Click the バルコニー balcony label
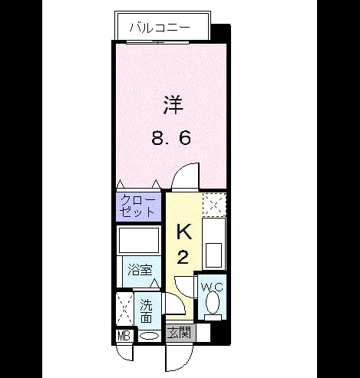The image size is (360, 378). [x=160, y=28]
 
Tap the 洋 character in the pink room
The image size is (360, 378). [x=173, y=105]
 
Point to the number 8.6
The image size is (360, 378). [x=171, y=139]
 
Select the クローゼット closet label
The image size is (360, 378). [x=138, y=205]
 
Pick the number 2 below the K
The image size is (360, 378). [x=183, y=258]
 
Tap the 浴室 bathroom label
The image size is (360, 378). [x=140, y=270]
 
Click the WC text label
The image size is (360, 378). [x=212, y=288]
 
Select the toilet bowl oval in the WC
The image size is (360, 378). [x=213, y=303]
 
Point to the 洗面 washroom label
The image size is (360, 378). [x=147, y=311]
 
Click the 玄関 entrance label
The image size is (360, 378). [x=179, y=333]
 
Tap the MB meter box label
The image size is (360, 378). [x=124, y=336]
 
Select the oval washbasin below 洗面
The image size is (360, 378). [x=150, y=336]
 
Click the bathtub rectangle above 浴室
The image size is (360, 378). [x=139, y=240]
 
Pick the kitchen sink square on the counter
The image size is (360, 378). [x=213, y=255]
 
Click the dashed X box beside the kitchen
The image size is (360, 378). [x=214, y=205]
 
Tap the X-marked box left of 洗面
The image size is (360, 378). [x=125, y=309]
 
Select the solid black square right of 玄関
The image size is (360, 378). [x=220, y=333]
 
